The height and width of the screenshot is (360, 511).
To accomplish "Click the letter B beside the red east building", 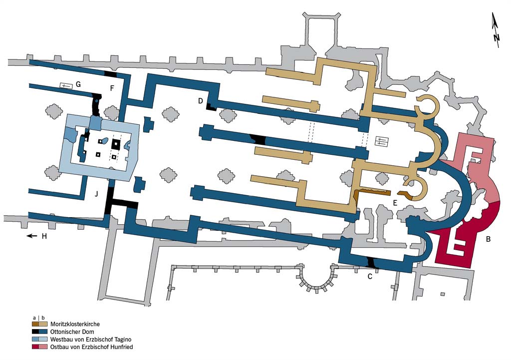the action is tap(488, 239).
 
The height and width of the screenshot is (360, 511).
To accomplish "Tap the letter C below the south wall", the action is tap(370, 277).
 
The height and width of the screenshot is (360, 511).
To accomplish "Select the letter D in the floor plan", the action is tap(201, 101).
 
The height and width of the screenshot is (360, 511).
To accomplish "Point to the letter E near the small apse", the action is tap(395, 203).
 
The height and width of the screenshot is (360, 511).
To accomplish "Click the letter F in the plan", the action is tap(112, 88).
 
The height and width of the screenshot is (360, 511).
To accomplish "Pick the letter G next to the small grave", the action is tap(78, 84).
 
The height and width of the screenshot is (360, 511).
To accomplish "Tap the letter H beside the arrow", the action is tap(44, 236).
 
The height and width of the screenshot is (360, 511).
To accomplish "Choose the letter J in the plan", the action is tap(96, 194).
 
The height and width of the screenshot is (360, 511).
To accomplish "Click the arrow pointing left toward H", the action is tap(32, 236).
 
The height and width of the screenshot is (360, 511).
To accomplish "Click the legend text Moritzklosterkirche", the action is tap(75, 324).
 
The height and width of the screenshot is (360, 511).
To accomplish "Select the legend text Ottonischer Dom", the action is tap(72, 332).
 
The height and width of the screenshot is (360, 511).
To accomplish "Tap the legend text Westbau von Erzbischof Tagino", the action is tap(91, 340).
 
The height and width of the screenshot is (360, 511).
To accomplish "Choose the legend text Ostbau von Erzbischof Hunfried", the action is tap(92, 347).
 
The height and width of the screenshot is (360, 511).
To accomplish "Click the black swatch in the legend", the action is tap(35, 332).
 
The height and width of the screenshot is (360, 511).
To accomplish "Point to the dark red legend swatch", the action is tap(35, 347).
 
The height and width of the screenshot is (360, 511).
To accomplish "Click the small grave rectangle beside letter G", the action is tap(66, 86).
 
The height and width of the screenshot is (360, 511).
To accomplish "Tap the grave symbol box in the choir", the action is tap(382, 141).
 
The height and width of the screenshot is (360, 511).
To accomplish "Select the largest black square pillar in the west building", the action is tap(116, 143).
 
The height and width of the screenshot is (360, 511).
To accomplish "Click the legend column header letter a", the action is tap(34, 318).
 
